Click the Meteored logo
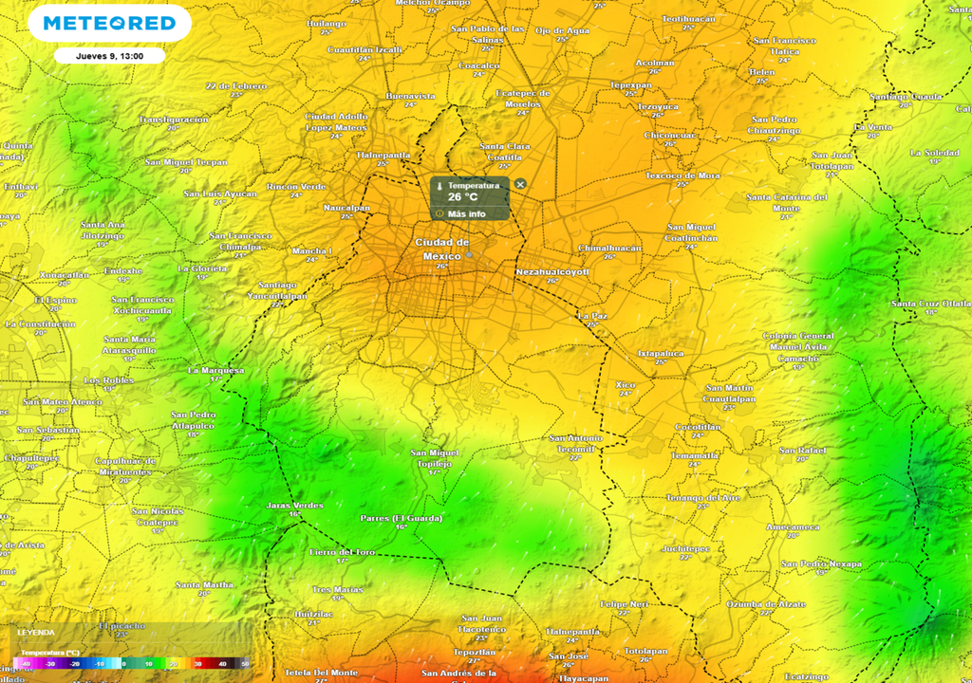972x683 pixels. click(109, 23)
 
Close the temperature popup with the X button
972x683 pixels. click(520, 184)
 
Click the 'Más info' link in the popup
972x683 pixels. click(466, 213)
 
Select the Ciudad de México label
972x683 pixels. click(441, 249)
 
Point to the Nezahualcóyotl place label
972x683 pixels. click(552, 272)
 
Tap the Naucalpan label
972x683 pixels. click(346, 207)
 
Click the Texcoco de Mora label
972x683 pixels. click(682, 175)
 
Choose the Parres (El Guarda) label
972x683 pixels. click(402, 518)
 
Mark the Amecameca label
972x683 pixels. click(793, 526)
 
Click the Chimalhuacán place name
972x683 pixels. click(610, 248)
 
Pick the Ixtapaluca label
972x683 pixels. click(661, 353)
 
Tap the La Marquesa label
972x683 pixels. click(215, 370)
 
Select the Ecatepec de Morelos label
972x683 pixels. click(523, 98)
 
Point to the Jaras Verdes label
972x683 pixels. click(294, 506)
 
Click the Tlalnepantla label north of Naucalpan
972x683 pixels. click(383, 154)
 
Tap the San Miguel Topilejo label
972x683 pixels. click(437, 458)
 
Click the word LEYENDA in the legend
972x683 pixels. click(36, 632)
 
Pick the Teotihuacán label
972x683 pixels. click(688, 18)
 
